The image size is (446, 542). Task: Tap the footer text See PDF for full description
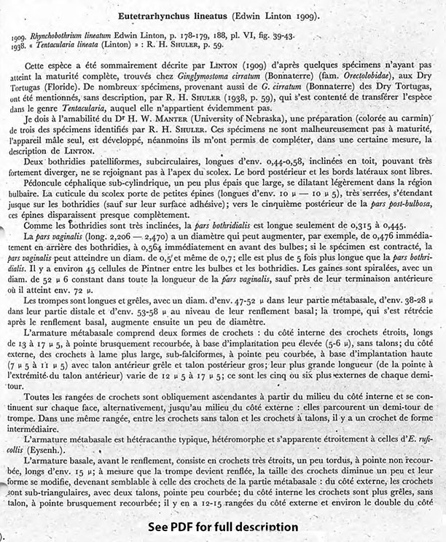[x=223, y=527]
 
